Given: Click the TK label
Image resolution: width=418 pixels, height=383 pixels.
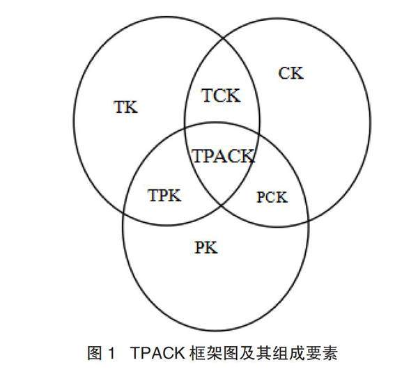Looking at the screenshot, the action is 125,107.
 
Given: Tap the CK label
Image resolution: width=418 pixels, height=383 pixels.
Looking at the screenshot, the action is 291,72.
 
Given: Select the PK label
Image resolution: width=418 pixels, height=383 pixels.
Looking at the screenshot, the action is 207,247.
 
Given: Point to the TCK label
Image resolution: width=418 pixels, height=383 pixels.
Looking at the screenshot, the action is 220,96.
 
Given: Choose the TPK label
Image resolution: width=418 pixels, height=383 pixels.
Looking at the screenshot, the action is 164,196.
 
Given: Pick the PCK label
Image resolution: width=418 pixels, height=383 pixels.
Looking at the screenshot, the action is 271,197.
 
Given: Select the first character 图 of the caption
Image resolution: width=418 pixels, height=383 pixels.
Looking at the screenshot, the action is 94,354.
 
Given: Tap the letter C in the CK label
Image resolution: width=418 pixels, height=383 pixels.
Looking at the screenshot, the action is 284,72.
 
